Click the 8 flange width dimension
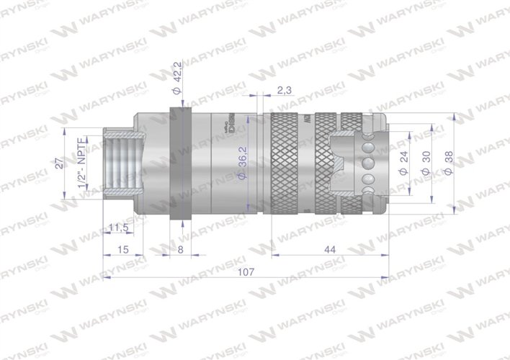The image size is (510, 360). pyautogui.click(x=179, y=249)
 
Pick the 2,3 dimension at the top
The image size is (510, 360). pyautogui.click(x=284, y=89)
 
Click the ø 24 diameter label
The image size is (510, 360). pyautogui.click(x=403, y=163)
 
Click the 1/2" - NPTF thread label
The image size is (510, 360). pyautogui.click(x=80, y=163)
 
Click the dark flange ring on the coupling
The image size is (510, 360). pyautogui.click(x=179, y=165)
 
